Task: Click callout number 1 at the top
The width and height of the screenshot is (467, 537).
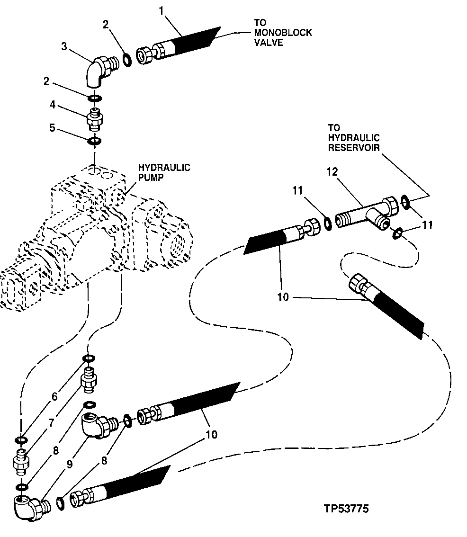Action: [162, 9]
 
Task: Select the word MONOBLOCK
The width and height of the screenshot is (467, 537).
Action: [283, 33]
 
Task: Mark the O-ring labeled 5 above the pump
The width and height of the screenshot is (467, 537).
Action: [95, 141]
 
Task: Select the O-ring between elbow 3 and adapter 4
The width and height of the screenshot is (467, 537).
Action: [95, 98]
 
